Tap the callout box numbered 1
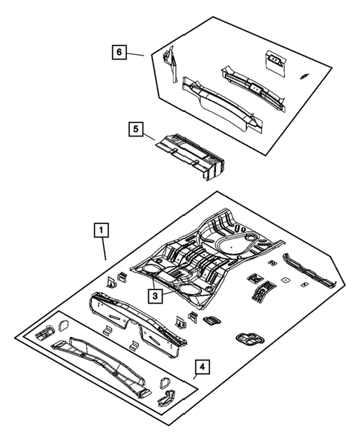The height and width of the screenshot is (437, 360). pyautogui.click(x=99, y=230)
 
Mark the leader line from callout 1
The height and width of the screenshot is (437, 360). pyautogui.click(x=104, y=248)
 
